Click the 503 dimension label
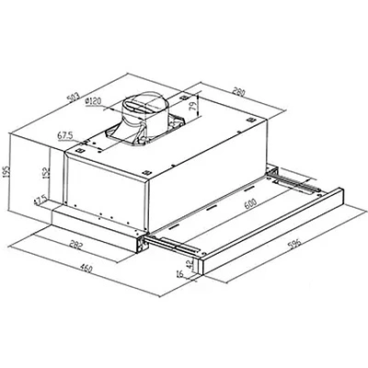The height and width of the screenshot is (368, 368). tap(73, 98)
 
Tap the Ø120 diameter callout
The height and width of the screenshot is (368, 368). tap(93, 101)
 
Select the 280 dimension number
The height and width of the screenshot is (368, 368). tap(239, 92)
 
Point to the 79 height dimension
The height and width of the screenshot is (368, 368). tap(193, 108)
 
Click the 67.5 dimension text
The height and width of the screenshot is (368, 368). tap(65, 135)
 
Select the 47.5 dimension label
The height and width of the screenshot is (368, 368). tap(40, 200)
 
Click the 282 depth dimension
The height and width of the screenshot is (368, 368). tap(75, 246)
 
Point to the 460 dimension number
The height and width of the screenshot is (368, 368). tap(86, 269)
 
